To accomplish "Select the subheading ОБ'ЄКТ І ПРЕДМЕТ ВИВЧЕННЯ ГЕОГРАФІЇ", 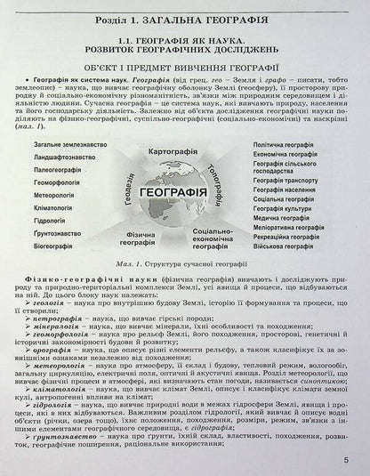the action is click(x=185, y=67).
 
